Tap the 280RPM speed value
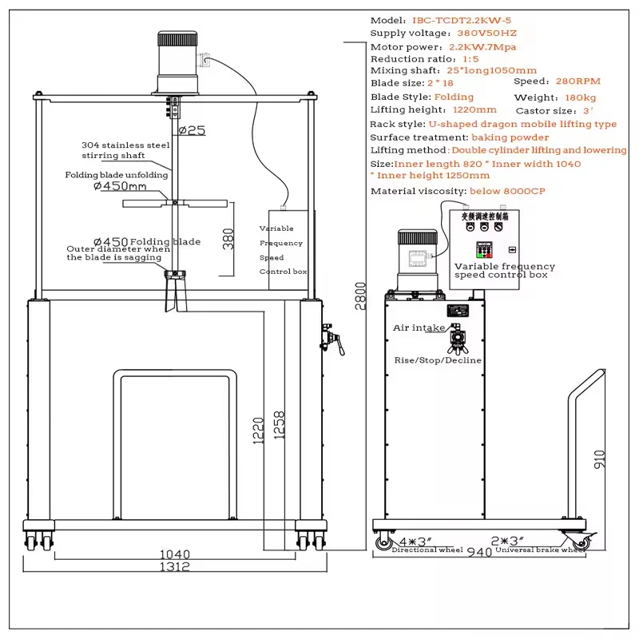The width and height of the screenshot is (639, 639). point(577,81)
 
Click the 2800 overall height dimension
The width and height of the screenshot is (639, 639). point(361,296)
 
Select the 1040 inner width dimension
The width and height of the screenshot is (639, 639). point(175,554)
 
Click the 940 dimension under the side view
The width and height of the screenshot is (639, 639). point(479,552)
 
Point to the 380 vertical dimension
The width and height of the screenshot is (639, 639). point(228,237)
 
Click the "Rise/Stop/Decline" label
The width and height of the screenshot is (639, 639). point(438,360)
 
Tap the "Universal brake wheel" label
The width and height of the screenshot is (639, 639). point(541,550)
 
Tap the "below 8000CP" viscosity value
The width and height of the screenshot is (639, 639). point(508,191)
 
